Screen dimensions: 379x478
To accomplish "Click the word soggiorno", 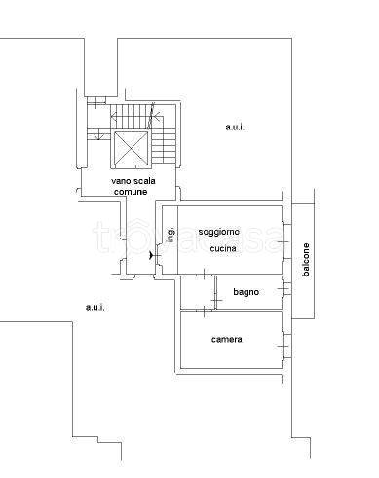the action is pos(219,232).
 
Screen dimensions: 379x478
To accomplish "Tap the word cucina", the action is pos(223,248).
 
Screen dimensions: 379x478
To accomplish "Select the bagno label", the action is pos(246,292).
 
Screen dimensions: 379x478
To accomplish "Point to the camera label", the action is pos(226,340).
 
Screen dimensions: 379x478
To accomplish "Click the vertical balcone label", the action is pos(306,260).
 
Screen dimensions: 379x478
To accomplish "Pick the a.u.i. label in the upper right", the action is pos(235,127).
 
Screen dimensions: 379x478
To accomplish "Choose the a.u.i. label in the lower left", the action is pos(95,307).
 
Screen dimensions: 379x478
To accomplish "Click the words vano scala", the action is pos(133,181).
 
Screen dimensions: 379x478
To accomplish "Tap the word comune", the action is pos(131,192).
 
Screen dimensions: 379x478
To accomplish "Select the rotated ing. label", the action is pos(171,235).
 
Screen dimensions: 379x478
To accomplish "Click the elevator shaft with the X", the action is pos(131,149).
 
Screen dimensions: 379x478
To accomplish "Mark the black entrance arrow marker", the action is pos(151,256).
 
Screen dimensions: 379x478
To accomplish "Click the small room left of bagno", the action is pos(198,292).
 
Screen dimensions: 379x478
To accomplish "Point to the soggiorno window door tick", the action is pos(284,242).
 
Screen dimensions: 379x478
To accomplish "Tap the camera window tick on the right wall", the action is pos(284,346).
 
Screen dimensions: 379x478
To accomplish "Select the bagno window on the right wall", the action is pos(286,288).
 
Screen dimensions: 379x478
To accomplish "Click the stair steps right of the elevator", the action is pos(164,145).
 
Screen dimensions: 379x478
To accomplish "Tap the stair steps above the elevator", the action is pos(131,116).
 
